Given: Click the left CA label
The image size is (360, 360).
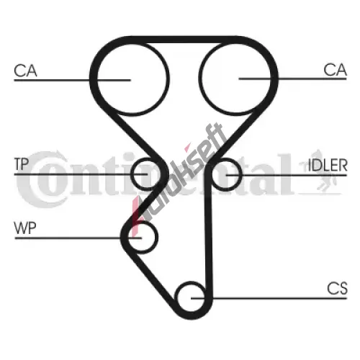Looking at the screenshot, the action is click(25, 71).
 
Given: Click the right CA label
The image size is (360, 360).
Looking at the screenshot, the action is click(335, 70).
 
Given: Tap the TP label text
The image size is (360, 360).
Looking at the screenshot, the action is click(22, 164).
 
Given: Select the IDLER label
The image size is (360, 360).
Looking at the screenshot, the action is click(328, 165).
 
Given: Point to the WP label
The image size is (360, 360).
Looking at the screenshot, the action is click(25, 228).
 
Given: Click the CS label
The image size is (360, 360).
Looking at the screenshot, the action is click(337, 288).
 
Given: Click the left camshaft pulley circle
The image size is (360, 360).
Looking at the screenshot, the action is click(96, 79).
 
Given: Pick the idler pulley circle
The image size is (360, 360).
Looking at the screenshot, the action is click(240, 174).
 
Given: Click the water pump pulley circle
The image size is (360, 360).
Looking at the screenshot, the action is click(157, 238).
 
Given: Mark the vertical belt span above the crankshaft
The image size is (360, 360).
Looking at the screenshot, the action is click(208, 230).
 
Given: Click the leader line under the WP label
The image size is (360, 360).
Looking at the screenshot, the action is click(78, 238).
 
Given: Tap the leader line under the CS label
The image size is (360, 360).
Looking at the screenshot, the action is click(269, 298).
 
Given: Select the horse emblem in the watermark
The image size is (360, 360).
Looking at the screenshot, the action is click(319, 171).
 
